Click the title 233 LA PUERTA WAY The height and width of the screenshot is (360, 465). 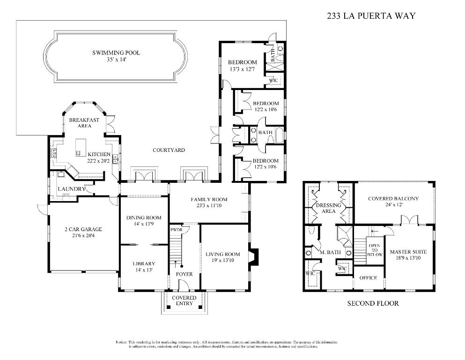[371, 15]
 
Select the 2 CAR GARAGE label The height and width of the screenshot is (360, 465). [83, 230]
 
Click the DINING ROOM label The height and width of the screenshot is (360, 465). [144, 218]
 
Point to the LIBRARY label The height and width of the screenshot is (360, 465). [143, 264]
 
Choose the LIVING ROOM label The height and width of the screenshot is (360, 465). [223, 255]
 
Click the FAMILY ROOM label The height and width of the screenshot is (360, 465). [208, 200]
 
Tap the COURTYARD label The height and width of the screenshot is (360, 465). [169, 150]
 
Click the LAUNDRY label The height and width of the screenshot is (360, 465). [72, 189]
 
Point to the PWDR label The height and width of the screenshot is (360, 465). [177, 230]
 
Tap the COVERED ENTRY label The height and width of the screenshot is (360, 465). [184, 300]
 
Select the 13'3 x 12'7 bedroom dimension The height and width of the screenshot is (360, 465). [242, 69]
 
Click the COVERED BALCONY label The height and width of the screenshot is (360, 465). [393, 199]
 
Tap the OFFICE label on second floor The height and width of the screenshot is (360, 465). [368, 278]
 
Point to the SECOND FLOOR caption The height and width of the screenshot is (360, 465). [373, 303]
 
